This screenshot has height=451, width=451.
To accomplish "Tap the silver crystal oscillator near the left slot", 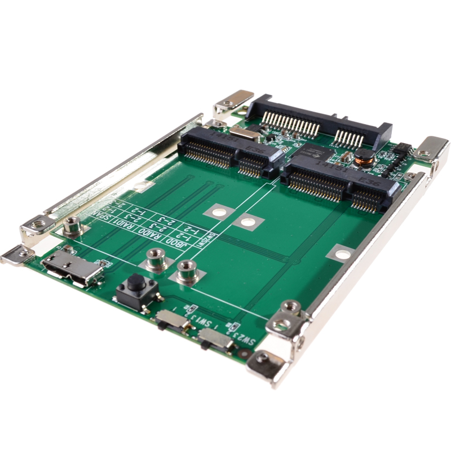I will click(244, 133).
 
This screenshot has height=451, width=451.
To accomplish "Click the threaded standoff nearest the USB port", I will click(72, 226).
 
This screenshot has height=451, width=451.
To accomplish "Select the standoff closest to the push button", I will click(154, 260).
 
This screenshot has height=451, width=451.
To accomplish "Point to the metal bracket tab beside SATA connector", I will click(233, 100).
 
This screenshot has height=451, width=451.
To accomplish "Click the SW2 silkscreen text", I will click(246, 339).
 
